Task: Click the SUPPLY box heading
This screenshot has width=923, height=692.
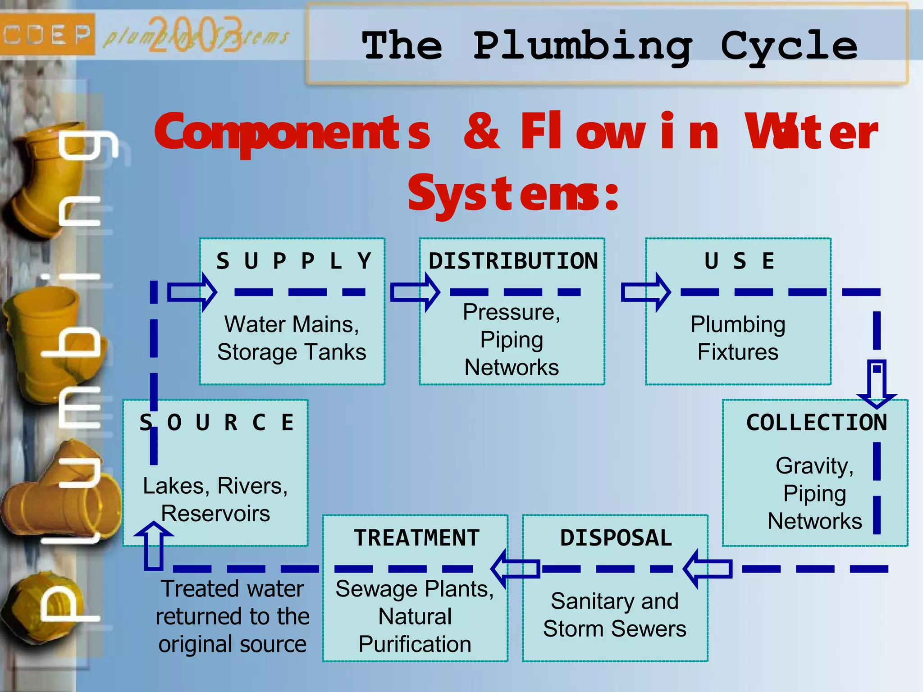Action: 293,261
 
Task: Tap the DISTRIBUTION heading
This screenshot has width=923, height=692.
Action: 513,261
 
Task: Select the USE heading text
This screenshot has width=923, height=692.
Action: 739,261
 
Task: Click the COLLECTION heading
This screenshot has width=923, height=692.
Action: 816,423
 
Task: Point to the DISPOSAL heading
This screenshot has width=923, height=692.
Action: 616,538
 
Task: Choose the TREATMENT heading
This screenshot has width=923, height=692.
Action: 416,538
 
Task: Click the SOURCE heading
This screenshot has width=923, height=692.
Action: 216,423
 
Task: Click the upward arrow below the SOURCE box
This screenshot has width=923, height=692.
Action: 154,546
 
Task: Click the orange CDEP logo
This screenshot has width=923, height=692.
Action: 46,35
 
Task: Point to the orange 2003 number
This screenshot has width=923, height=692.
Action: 195,35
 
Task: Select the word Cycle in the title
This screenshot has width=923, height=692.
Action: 789,46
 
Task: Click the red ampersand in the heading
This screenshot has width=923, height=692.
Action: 482,132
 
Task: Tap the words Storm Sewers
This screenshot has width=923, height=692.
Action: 614,628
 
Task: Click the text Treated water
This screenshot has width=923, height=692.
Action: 232,589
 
